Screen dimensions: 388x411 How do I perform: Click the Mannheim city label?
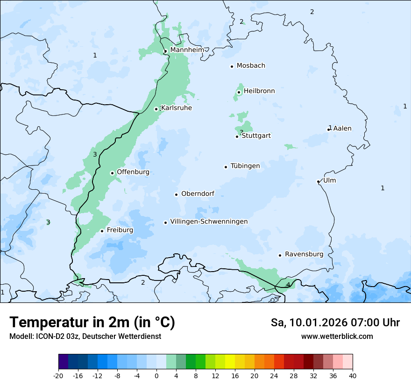tap(187, 50)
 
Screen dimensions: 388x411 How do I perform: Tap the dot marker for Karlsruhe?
tap(156, 109)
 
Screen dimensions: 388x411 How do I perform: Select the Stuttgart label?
tap(256, 136)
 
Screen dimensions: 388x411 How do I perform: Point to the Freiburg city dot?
tap(102, 231)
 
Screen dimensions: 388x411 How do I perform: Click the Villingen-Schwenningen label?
tap(209, 222)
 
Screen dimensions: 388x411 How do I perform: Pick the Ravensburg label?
tap(304, 254)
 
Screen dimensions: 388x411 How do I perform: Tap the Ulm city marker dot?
tap(318, 181)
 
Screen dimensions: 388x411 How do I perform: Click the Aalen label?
tap(342, 129)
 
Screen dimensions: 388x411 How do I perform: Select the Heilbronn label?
tap(259, 91)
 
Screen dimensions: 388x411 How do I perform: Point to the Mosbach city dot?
tap(232, 66)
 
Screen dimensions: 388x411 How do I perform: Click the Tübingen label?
tap(245, 166)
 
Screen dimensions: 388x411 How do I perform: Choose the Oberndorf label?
tap(198, 194)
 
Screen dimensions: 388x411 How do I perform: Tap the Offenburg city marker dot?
tap(112, 173)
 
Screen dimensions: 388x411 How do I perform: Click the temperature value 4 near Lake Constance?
tap(288, 285)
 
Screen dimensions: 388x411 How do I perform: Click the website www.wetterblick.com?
tap(337, 336)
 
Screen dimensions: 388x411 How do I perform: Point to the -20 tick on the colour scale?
tap(58, 375)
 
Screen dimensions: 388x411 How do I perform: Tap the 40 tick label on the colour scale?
tap(353, 375)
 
